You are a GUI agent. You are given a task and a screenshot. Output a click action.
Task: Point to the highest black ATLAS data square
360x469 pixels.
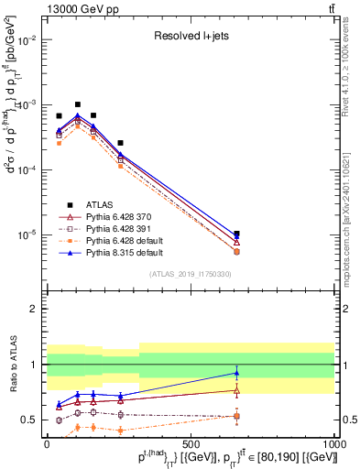tap(78, 104)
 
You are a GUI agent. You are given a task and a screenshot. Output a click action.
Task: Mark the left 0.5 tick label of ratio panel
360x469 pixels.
tap(29, 420)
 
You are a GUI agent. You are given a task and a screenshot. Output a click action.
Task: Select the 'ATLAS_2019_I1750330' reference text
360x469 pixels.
tap(190, 274)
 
